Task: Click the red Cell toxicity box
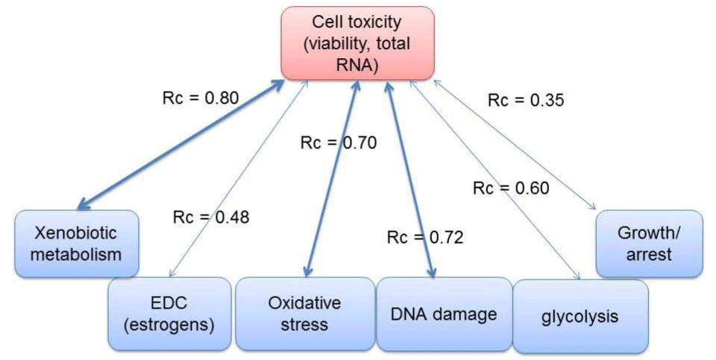point(357,43)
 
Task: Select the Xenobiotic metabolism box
point(77,244)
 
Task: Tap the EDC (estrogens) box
point(169,314)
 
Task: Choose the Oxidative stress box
point(304,314)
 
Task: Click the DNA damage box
point(444,315)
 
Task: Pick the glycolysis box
point(580,316)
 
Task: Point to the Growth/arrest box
point(649,244)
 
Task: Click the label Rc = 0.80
point(201,98)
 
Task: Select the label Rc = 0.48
point(211,217)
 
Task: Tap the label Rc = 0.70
point(339,143)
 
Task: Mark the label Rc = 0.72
point(425,237)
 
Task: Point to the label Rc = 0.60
point(511,188)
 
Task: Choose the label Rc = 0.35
point(526,100)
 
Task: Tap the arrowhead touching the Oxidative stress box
point(308,271)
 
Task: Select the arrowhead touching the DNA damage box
point(431,271)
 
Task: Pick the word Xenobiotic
point(76,233)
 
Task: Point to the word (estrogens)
point(169,325)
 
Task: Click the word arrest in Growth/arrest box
point(649,255)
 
